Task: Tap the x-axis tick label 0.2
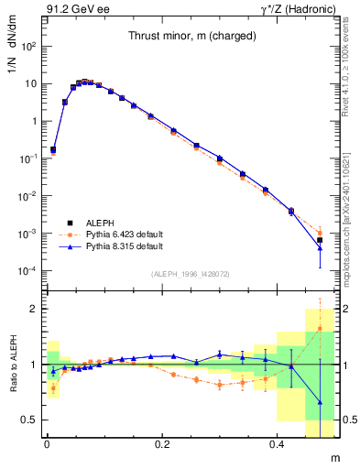(162, 444)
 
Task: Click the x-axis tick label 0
(47, 444)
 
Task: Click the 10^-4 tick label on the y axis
(26, 271)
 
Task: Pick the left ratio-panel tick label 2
(33, 309)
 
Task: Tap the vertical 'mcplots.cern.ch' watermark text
(352, 183)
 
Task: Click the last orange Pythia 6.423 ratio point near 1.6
(320, 328)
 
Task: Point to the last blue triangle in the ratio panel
(320, 402)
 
